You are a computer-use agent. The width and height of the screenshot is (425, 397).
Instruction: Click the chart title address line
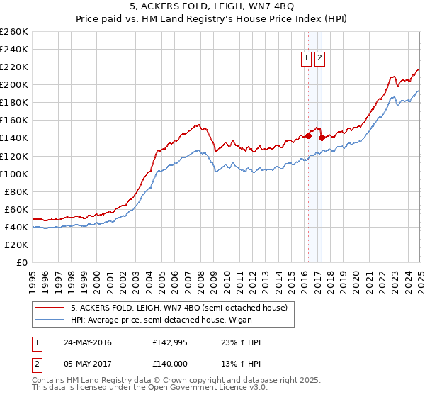click(212, 7)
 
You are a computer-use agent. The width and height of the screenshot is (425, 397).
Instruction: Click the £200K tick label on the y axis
click(14, 84)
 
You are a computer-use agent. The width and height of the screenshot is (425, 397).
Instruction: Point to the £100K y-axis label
click(14, 174)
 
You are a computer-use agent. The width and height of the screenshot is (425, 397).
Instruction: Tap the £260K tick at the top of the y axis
click(14, 32)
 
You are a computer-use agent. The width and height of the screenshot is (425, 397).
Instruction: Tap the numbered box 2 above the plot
click(319, 59)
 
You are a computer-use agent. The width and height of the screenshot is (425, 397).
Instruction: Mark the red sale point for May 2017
click(322, 138)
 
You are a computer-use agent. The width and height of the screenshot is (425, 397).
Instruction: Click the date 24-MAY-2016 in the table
click(88, 342)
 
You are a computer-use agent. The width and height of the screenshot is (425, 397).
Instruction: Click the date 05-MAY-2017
click(88, 366)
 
